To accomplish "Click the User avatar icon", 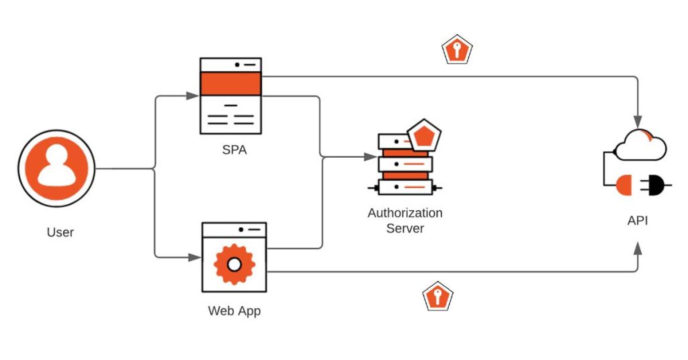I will pos(56,168).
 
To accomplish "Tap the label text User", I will pos(60,232).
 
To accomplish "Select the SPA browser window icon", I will pos(231,96).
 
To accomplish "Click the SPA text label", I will pos(234,150).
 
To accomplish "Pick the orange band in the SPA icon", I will pos(231,83).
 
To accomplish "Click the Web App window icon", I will pos(234,257).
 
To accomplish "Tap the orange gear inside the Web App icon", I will pos(234,264).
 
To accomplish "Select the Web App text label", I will pos(234,311).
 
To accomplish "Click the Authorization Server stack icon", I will pos(405,165).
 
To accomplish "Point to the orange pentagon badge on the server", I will pos(424,136).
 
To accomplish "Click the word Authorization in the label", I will pos(405,213).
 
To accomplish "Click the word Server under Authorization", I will pos(405,228).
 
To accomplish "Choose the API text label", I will pos(637,220).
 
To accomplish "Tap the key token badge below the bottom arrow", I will pos(437,296).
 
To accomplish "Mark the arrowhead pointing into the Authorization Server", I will pos(371,156).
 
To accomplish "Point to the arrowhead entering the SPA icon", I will pos(194,96).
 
